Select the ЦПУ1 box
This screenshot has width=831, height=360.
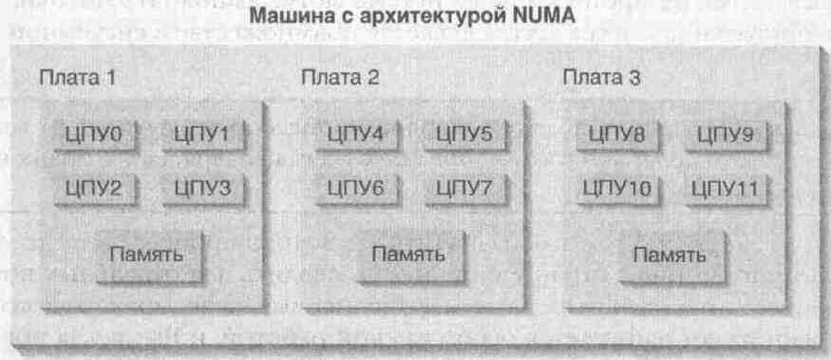click(200, 136)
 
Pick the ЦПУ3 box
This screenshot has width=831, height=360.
click(200, 188)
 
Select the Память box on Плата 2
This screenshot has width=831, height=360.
click(407, 254)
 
